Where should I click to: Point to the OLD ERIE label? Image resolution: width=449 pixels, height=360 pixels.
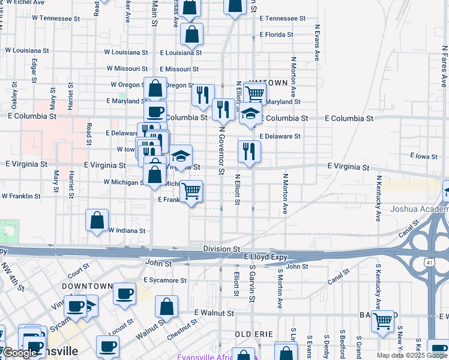click(254, 334)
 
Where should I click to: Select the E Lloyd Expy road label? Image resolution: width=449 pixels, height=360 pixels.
click(266, 256)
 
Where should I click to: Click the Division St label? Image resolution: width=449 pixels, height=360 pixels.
click(221, 248)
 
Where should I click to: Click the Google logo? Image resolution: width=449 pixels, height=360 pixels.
click(20, 353)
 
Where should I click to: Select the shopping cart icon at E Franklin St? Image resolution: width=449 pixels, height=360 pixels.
click(191, 192)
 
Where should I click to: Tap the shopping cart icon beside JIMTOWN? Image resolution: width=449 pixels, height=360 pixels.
click(255, 93)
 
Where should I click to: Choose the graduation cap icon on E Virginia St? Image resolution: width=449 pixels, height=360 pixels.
click(181, 156)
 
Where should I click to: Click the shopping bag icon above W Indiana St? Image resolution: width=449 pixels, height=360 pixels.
click(97, 221)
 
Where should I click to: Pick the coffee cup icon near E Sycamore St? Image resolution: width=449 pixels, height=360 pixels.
click(124, 294)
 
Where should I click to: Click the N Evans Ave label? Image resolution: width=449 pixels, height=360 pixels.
click(316, 42)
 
